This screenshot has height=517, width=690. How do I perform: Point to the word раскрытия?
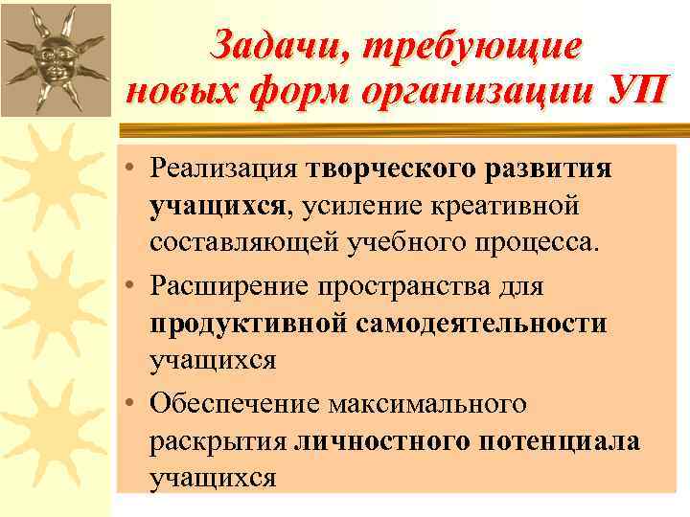218,441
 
